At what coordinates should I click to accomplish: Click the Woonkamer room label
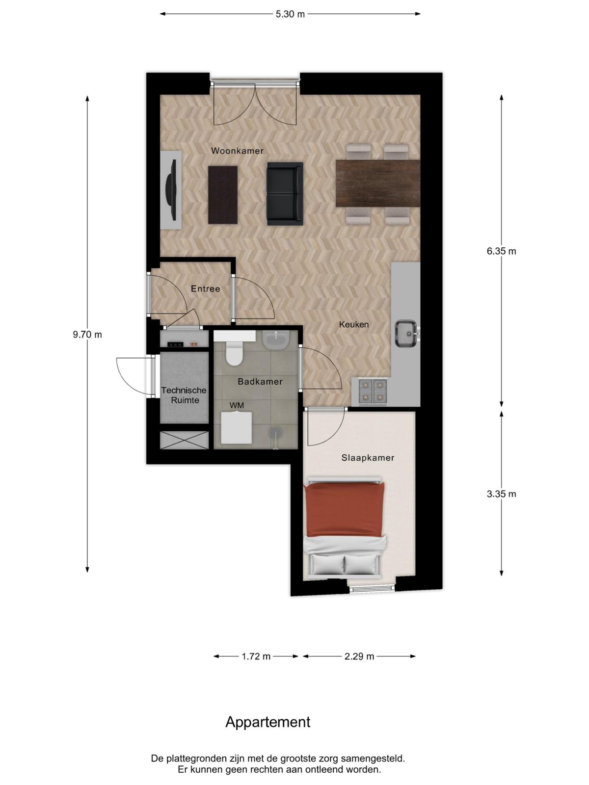(237, 151)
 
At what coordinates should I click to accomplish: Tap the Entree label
(205, 288)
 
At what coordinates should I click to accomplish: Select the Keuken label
(354, 324)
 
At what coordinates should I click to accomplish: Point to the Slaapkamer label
(368, 458)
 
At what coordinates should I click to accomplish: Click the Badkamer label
(260, 382)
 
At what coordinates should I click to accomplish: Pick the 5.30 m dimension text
(290, 14)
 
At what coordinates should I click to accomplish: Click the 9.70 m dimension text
(87, 335)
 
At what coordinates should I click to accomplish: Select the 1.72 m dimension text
(256, 656)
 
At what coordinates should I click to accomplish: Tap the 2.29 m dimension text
(359, 656)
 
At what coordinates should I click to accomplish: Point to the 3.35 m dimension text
(501, 494)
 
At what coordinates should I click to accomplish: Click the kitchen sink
(406, 333)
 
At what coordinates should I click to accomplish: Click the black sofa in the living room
(285, 194)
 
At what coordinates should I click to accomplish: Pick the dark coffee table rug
(223, 195)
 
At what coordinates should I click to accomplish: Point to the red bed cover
(345, 510)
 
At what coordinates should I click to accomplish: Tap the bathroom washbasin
(276, 339)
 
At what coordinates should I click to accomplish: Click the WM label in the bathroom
(237, 405)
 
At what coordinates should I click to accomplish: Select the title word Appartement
(268, 722)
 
